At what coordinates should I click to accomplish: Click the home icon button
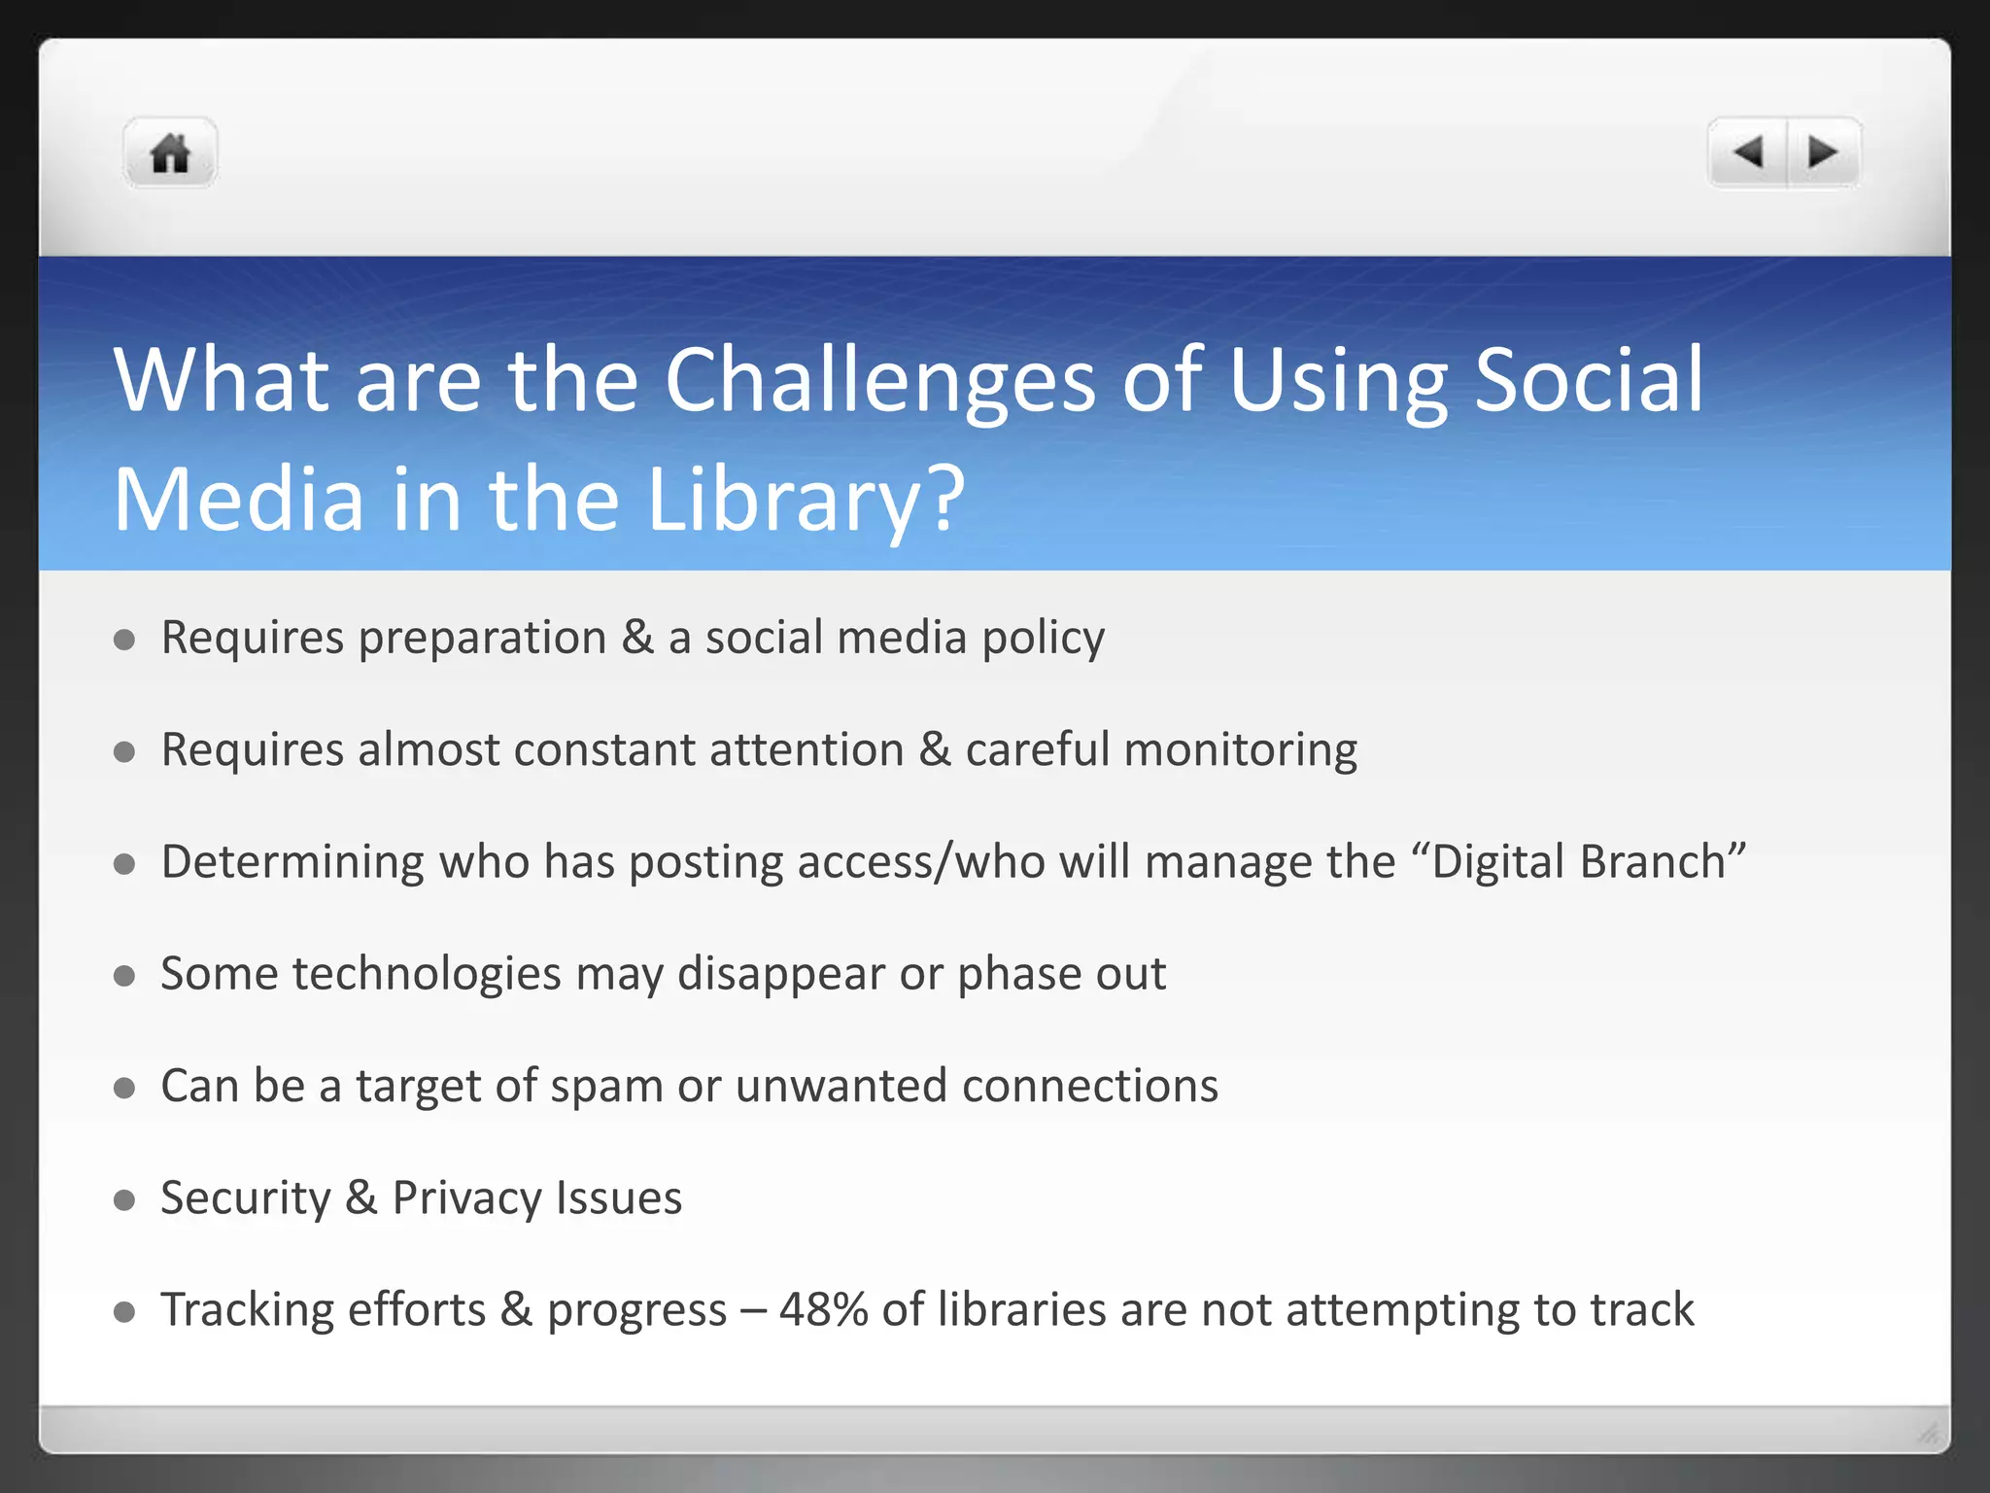[x=170, y=154]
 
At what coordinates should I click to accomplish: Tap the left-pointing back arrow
[x=1748, y=153]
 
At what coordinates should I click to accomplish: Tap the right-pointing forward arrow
[x=1823, y=153]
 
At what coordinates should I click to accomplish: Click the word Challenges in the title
[x=879, y=381]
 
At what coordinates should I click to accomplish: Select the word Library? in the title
[x=806, y=500]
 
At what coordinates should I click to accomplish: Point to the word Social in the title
[x=1589, y=381]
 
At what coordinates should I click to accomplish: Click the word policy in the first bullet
[x=1043, y=640]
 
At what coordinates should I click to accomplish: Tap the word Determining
[x=292, y=863]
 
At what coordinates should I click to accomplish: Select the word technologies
[x=427, y=975]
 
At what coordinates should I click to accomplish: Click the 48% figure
[x=823, y=1310]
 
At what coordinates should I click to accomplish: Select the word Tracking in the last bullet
[x=247, y=1310]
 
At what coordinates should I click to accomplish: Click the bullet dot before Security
[x=124, y=1200]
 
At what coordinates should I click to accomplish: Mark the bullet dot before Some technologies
[x=124, y=976]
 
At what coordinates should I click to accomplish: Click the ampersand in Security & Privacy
[x=360, y=1198]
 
